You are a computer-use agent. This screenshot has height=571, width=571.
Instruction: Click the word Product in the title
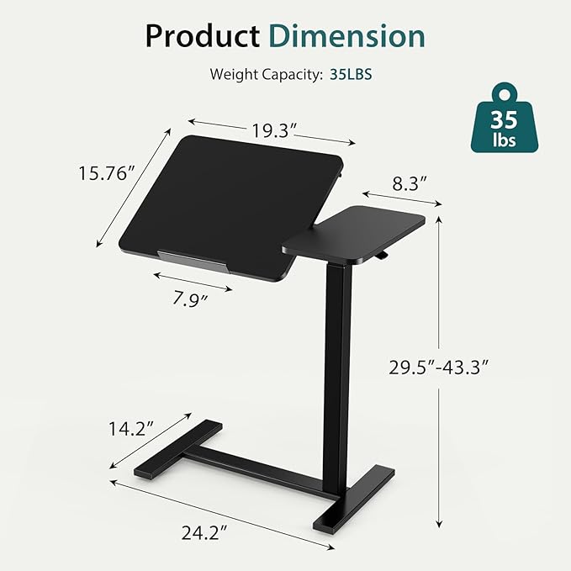click(x=201, y=36)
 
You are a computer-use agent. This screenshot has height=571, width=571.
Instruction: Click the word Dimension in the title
click(x=346, y=36)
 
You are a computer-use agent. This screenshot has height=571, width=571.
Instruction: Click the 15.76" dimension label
click(x=107, y=174)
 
